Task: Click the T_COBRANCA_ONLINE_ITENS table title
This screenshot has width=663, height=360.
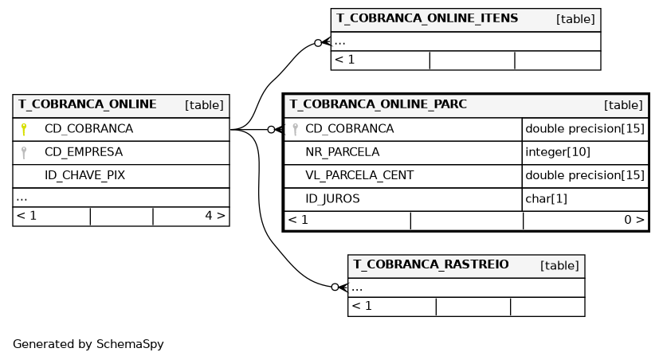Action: click(x=427, y=18)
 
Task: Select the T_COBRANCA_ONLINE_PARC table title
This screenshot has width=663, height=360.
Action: click(x=378, y=104)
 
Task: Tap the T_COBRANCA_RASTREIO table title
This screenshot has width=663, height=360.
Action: click(x=431, y=264)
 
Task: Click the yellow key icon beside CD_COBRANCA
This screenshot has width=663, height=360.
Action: click(x=24, y=129)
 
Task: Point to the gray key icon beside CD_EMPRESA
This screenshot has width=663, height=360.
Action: click(x=24, y=153)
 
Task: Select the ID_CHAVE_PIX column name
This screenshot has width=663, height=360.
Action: click(x=84, y=175)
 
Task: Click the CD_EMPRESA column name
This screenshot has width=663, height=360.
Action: click(x=84, y=152)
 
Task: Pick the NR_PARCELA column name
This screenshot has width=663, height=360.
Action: click(x=343, y=152)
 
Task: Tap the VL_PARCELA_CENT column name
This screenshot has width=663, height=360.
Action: click(x=359, y=175)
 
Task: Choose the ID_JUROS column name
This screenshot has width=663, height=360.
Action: click(x=332, y=198)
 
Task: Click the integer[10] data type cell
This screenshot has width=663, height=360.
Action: click(x=557, y=152)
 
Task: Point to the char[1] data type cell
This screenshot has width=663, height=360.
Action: click(x=546, y=198)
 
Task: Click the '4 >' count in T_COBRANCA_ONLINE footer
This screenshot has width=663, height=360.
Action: click(x=215, y=216)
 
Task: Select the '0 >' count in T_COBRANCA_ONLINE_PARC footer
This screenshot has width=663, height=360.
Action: click(x=634, y=220)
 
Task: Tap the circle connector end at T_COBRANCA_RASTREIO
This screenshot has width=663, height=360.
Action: click(x=335, y=288)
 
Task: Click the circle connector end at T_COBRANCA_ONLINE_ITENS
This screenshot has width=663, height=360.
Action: click(x=318, y=43)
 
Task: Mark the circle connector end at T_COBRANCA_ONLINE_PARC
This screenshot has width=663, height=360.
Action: click(x=272, y=130)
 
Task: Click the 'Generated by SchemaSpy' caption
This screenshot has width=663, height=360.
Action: click(x=88, y=344)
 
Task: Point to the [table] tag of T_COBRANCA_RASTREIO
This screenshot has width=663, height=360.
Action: click(x=559, y=265)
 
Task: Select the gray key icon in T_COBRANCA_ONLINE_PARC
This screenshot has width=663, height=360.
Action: click(x=296, y=129)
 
